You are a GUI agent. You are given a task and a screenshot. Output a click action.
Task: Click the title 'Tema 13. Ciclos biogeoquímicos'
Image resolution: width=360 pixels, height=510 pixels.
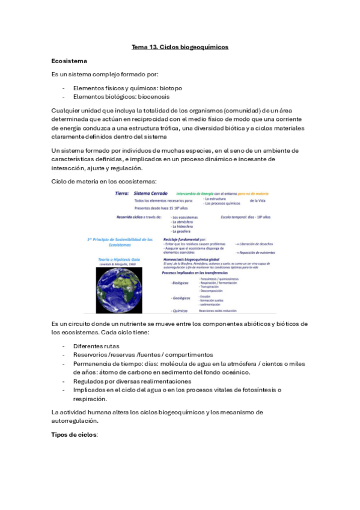coord(180,46)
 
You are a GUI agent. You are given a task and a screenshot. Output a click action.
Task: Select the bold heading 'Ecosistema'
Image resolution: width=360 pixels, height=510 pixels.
coord(70,61)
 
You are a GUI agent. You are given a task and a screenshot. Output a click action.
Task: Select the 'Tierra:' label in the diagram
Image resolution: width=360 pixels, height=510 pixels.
coord(123,193)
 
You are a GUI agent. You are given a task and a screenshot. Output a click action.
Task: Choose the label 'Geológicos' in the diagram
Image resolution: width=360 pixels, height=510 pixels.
coord(181,297)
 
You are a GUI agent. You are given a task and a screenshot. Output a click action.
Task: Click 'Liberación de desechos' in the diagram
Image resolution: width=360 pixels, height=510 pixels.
coord(257,244)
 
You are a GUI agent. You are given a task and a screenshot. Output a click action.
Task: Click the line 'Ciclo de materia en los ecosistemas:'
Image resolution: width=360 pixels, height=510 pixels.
coord(104,181)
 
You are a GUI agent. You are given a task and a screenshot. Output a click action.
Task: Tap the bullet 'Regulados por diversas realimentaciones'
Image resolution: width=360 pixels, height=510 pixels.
coord(132,381)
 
